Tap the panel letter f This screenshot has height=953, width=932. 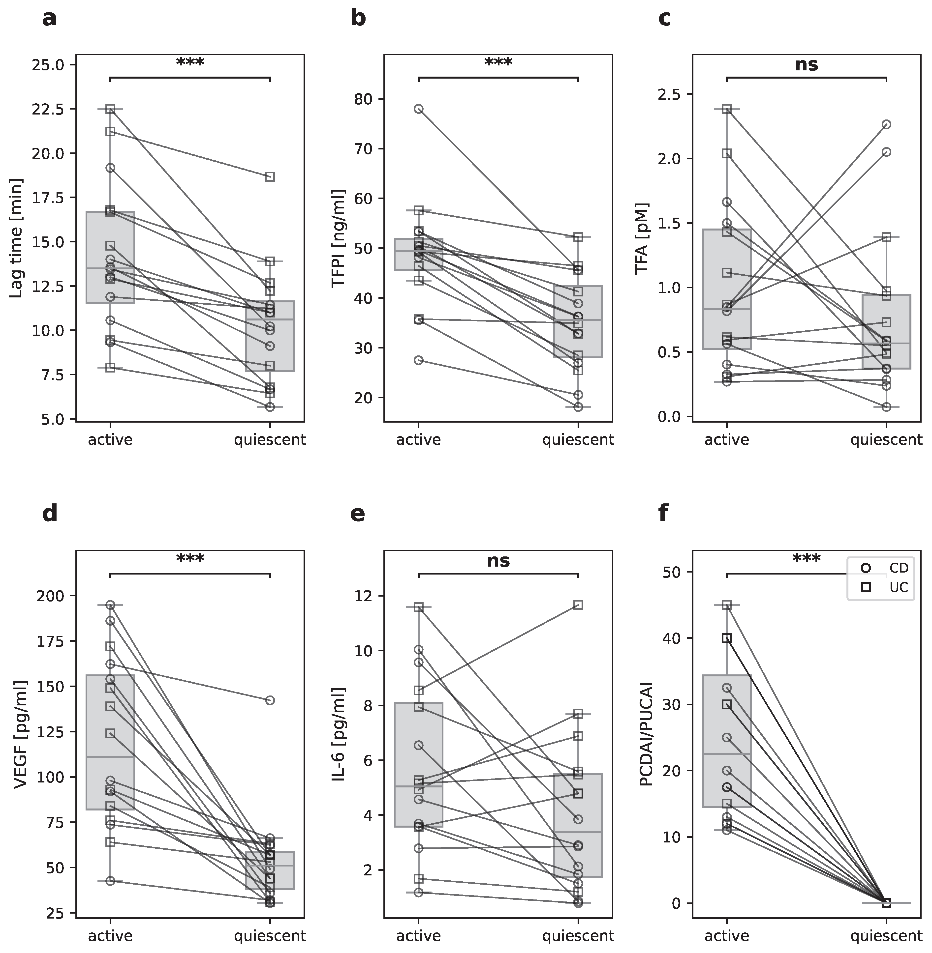coord(663,514)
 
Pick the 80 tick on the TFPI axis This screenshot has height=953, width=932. coord(364,99)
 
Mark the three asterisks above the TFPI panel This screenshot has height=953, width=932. coord(498,62)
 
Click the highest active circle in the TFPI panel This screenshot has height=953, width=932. coord(419,109)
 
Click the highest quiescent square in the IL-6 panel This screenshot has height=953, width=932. coord(578,605)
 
